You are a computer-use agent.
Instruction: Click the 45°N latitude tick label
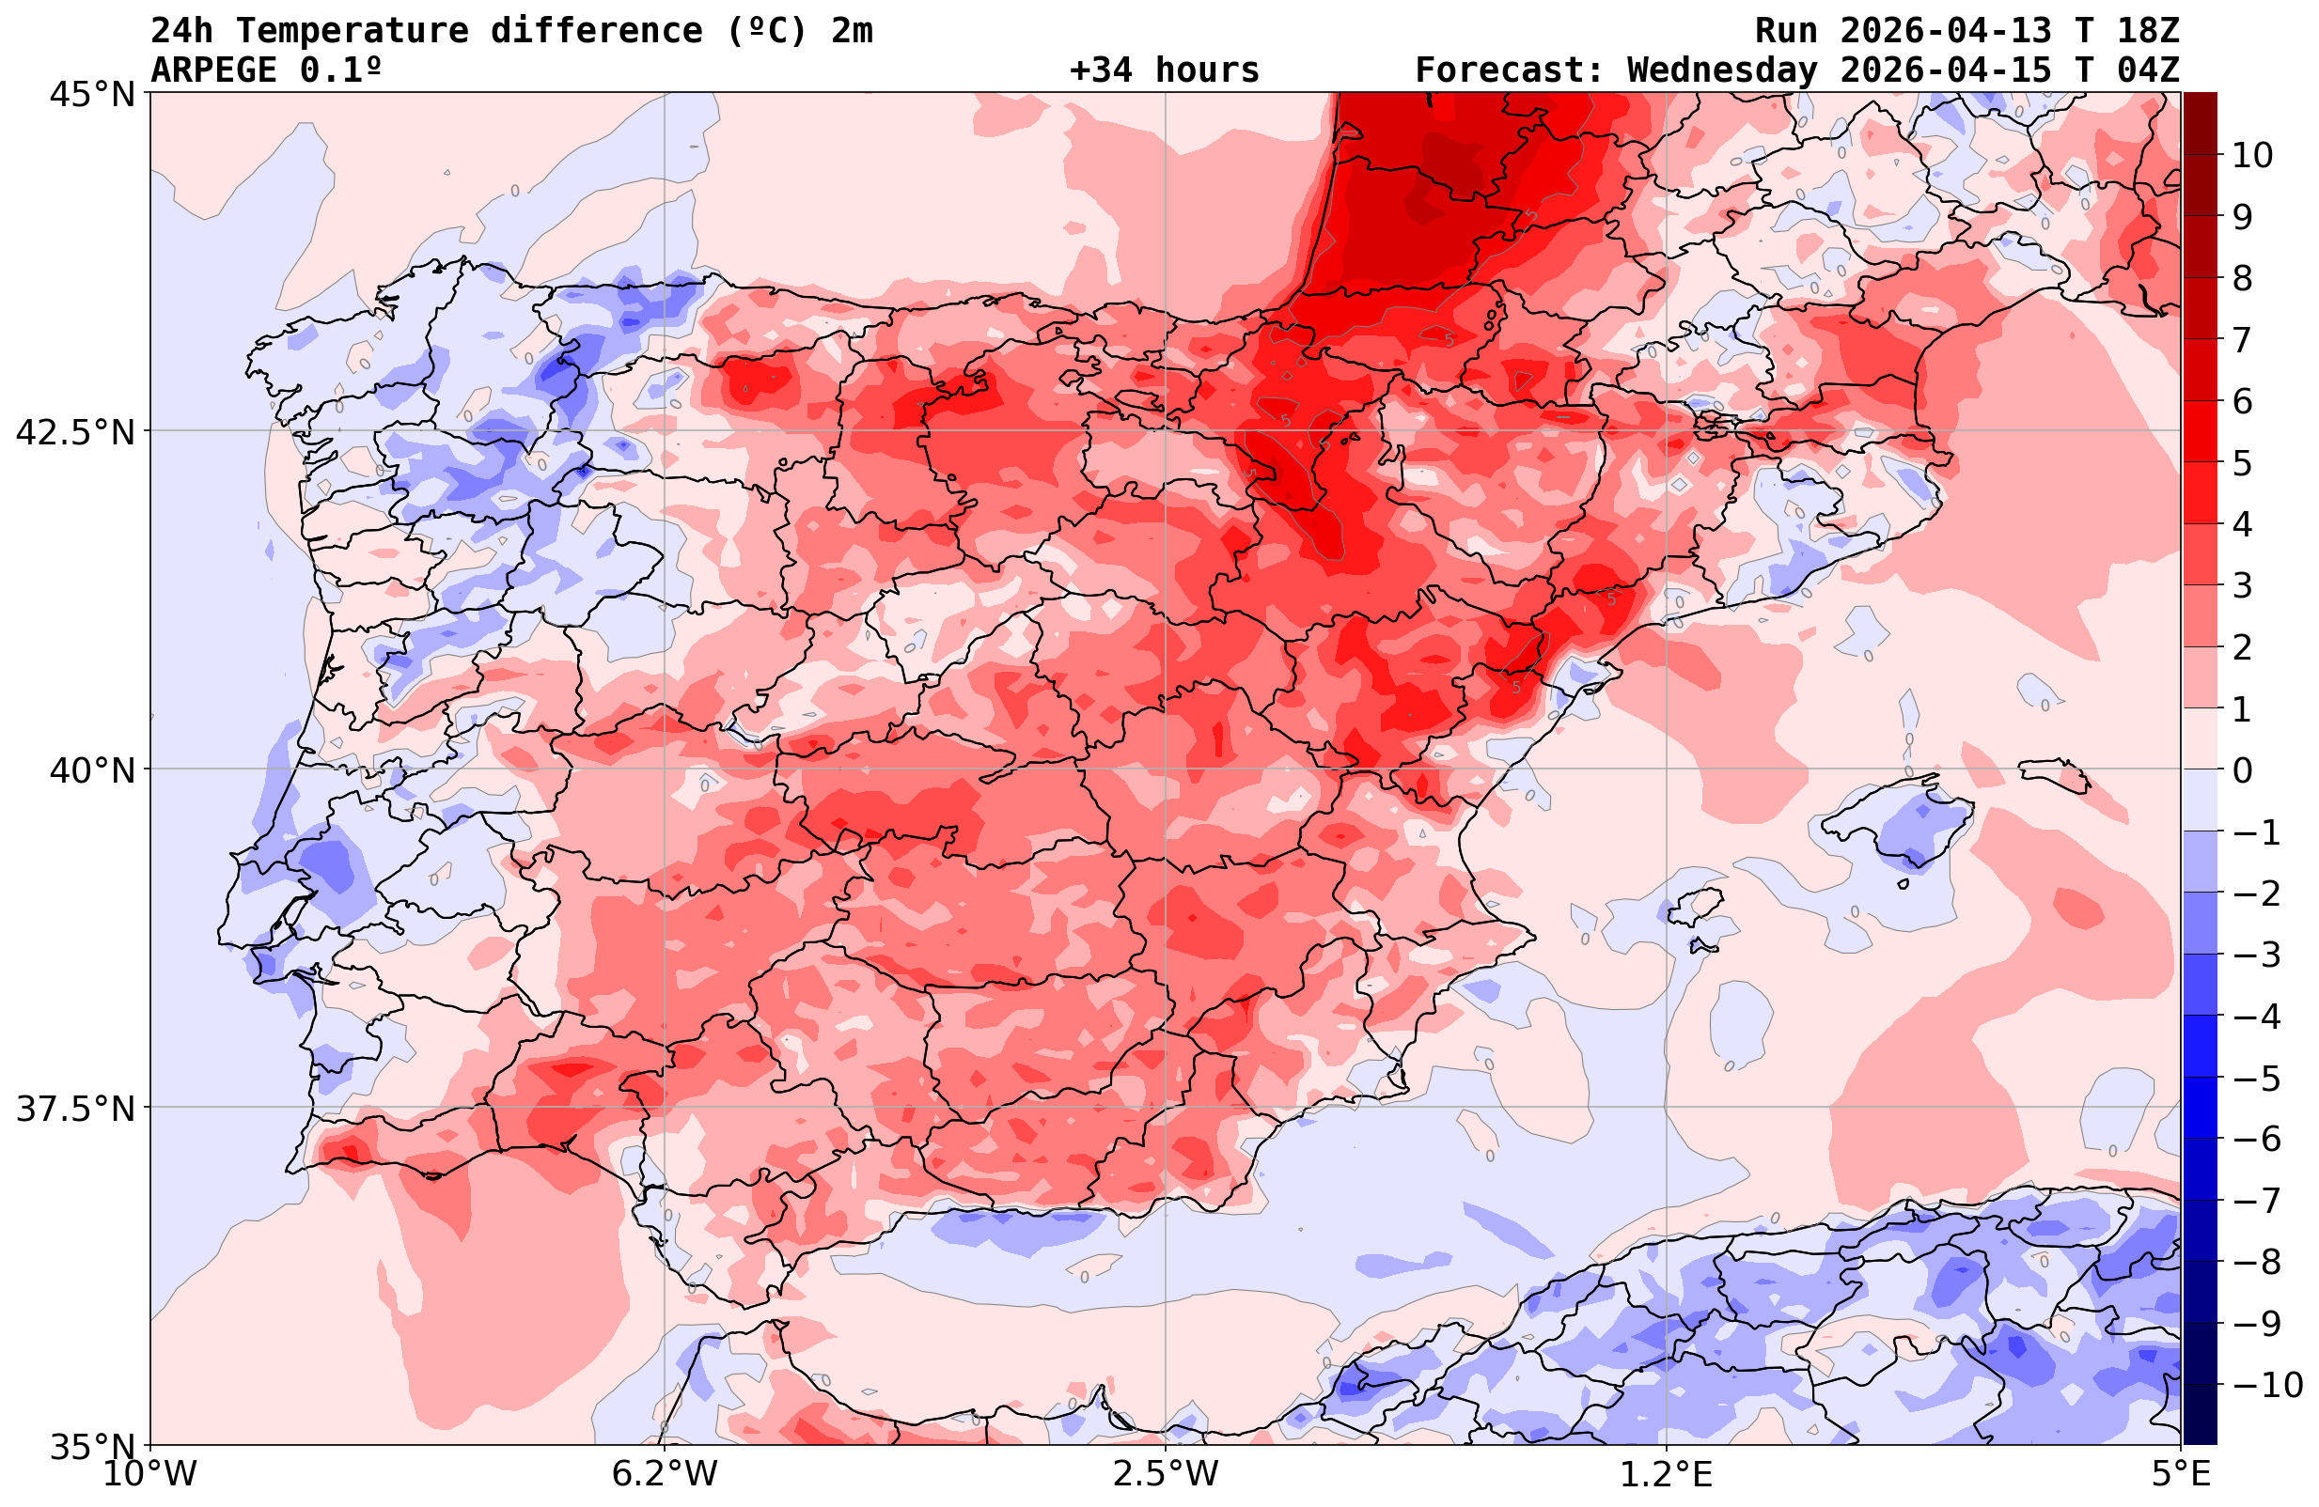click(x=90, y=96)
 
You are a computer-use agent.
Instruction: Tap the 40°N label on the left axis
click(x=90, y=771)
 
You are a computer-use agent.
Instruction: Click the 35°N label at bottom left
click(x=90, y=1447)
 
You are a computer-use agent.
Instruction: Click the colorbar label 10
click(x=2251, y=155)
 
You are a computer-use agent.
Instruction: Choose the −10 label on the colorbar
click(x=2265, y=1385)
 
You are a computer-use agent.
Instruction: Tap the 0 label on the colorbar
click(x=2242, y=770)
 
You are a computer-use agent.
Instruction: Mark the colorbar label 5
click(x=2242, y=463)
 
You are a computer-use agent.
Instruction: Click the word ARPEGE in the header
click(x=213, y=70)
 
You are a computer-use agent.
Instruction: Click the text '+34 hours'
click(x=1164, y=70)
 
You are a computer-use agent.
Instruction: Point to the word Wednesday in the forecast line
click(x=1722, y=70)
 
